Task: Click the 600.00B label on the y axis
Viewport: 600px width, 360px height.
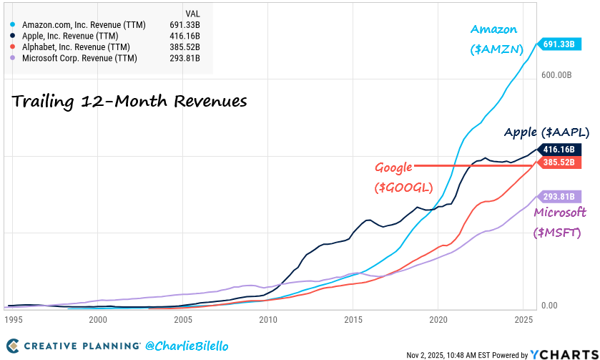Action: point(559,75)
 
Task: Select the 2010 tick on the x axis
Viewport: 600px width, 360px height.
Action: point(268,320)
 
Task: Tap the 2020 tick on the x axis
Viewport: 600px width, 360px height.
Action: point(438,320)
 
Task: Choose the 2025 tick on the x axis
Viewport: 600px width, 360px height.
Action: point(523,320)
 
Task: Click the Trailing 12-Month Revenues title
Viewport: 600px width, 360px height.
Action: point(129,102)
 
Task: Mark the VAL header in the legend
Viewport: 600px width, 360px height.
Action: point(192,14)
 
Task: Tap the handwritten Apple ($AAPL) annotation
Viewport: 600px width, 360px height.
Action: point(546,132)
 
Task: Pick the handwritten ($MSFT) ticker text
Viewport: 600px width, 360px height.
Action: point(557,233)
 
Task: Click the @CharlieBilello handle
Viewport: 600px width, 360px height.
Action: point(187,346)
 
